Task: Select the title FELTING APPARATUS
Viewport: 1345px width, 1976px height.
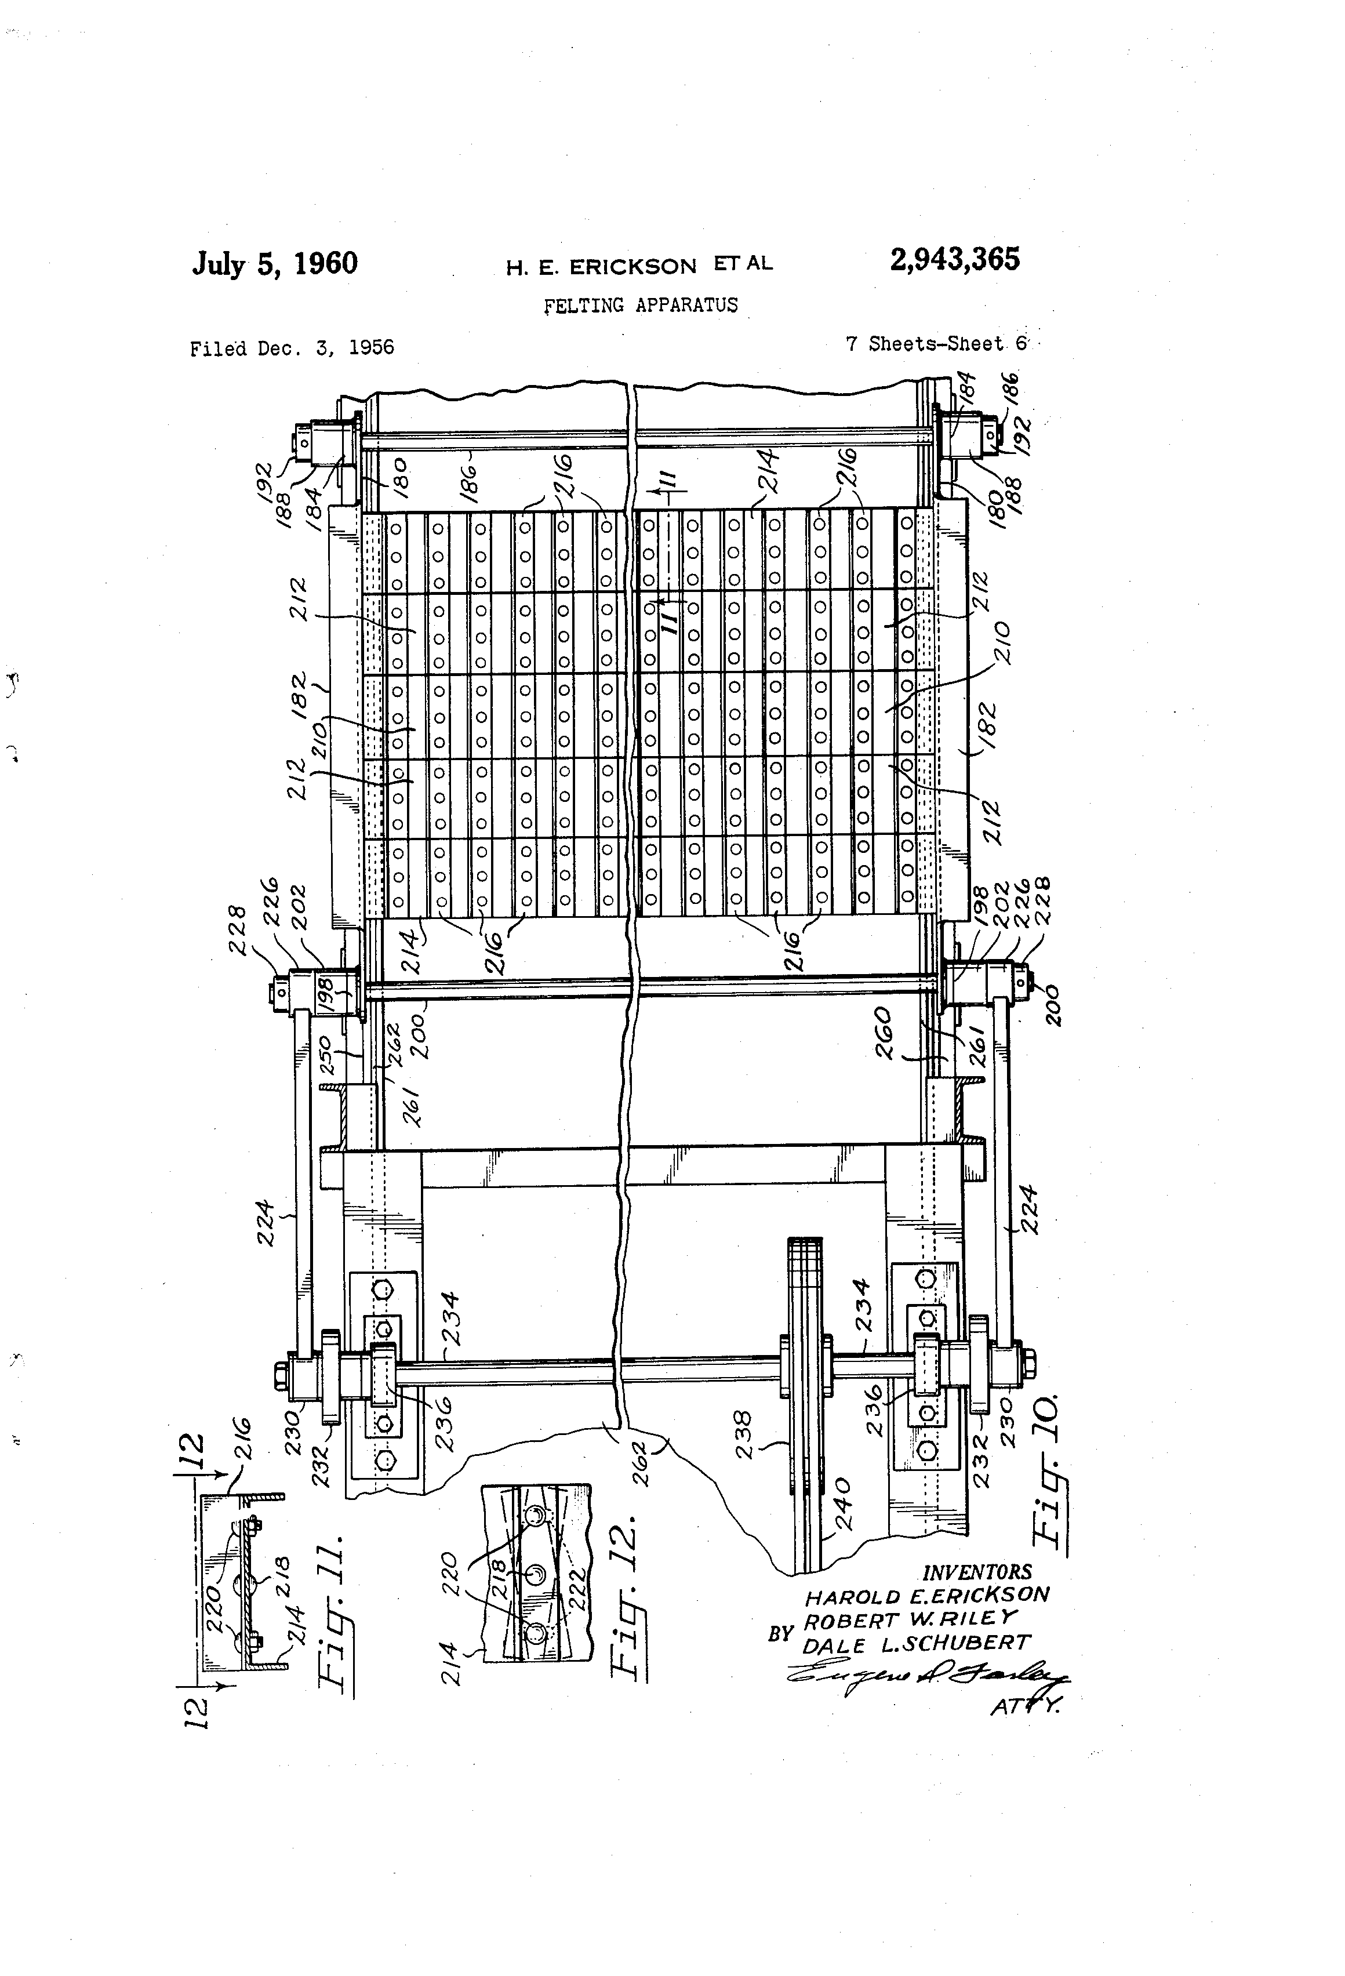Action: point(640,305)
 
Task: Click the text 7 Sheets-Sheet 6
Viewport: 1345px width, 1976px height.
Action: point(936,343)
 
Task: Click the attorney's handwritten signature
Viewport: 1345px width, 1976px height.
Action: point(926,1673)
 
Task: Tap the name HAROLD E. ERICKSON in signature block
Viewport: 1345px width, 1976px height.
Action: point(926,1595)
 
